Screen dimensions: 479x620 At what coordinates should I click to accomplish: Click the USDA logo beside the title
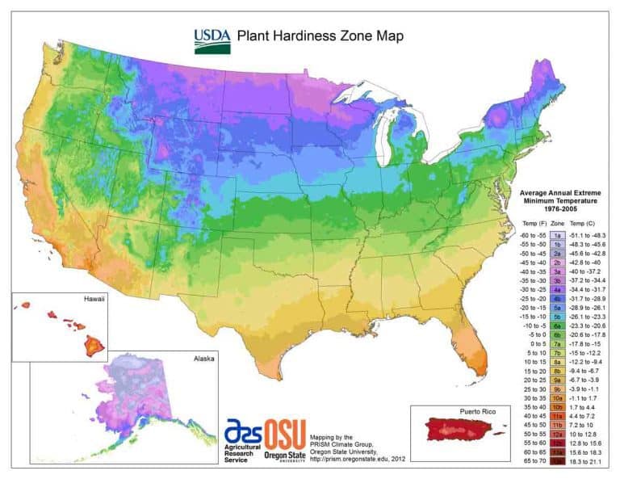(212, 40)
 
